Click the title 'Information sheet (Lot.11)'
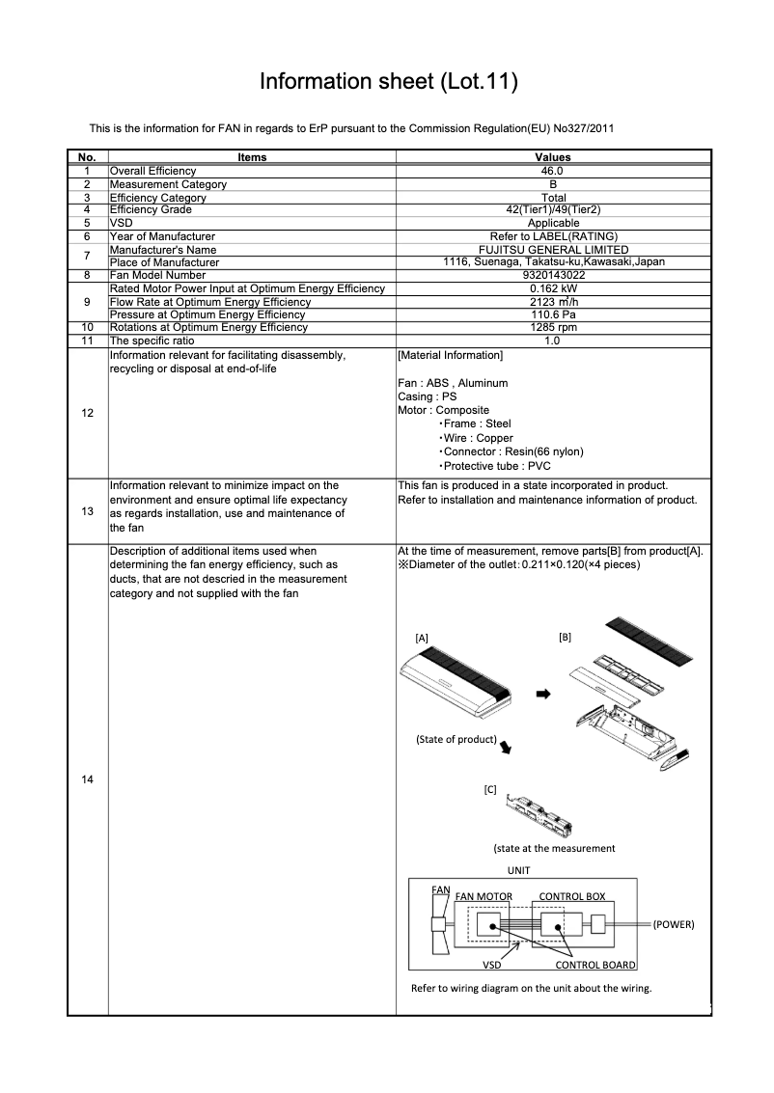388,83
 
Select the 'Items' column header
251,157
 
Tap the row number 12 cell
87,413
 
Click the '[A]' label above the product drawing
421,639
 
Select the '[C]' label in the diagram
489,789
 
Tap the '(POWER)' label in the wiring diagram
674,924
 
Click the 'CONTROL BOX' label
571,896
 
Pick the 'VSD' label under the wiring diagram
492,964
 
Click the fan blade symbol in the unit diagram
436,922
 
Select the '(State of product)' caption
456,740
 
